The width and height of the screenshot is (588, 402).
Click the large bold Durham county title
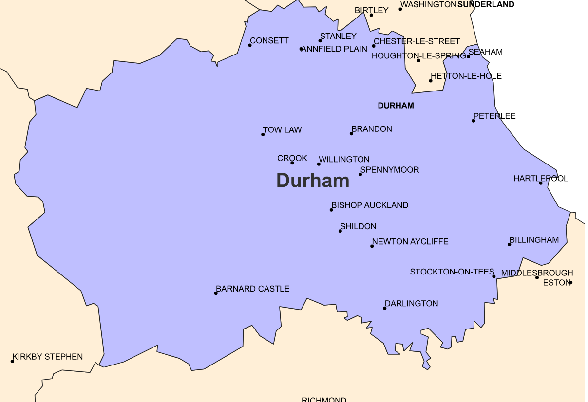point(313,181)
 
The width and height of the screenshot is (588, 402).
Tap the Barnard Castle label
point(252,289)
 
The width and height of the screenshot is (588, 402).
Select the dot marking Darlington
point(385,308)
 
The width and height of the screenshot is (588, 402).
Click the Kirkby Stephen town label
point(48,357)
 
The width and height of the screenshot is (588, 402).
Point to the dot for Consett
point(250,45)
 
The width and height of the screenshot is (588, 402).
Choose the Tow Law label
point(282,130)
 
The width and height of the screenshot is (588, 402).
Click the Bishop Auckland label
point(370,205)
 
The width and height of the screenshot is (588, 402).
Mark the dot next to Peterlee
point(473,121)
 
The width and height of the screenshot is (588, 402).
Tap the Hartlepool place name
point(540,178)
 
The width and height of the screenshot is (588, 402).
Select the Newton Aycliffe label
point(410,242)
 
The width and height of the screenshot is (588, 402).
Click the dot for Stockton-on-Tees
point(494,276)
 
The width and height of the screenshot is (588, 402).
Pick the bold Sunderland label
point(486,5)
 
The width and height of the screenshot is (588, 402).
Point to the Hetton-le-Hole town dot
point(431,81)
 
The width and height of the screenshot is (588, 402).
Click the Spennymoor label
point(390,170)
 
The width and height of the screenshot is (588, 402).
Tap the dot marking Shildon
point(340,231)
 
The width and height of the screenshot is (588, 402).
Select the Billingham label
point(534,240)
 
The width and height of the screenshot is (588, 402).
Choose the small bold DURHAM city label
point(396,106)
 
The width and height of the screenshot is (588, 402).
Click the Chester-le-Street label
point(417,41)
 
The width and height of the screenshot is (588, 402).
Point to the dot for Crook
point(292,163)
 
